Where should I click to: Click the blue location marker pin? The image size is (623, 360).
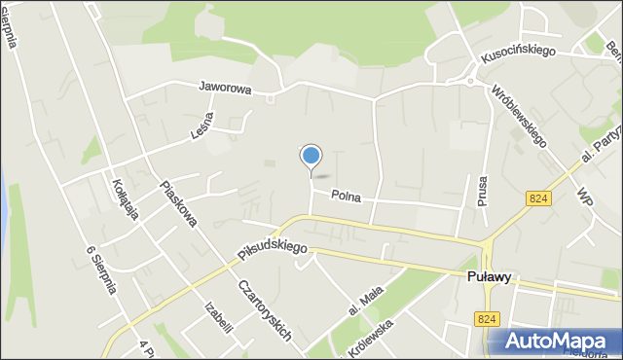click(x=311, y=156)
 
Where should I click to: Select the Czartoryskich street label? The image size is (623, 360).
click(x=266, y=306)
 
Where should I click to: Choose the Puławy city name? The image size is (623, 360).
click(x=486, y=276)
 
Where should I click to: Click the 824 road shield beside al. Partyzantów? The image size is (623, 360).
click(x=537, y=198)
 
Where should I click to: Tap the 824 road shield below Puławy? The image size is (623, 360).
click(x=488, y=318)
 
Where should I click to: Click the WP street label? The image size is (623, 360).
click(x=585, y=194)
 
